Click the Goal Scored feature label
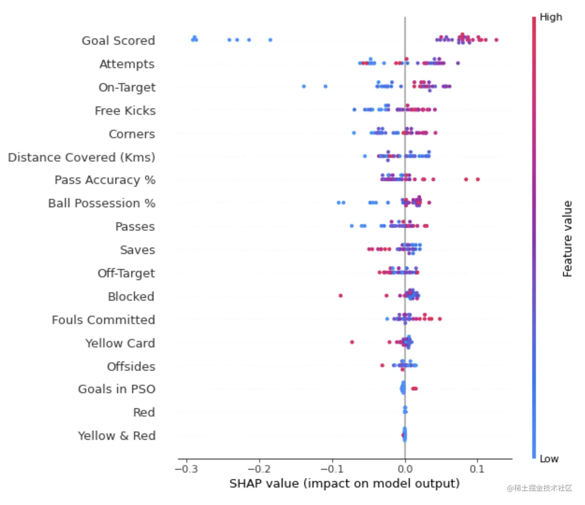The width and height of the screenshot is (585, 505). pos(118,41)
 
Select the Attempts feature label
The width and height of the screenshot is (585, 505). pos(127,64)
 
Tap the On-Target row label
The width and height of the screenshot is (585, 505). pos(127,87)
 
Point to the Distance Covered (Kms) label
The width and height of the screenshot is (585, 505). pos(81,158)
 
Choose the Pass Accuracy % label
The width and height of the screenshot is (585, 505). pos(105,180)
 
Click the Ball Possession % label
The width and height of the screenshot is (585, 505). pos(102,203)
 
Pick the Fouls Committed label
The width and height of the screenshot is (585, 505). pos(103,320)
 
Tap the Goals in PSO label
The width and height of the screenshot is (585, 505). pos(117,389)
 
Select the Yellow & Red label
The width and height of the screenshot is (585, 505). pos(117,436)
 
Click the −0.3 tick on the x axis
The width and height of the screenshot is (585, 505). pos(186,469)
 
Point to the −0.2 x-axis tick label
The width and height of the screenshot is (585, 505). pos(259,469)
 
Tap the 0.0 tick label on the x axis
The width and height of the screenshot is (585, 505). pos(405,469)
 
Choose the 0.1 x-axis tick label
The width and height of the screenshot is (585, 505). pos(477,469)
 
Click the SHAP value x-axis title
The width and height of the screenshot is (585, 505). pos(344,483)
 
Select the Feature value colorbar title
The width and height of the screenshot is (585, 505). pos(567,239)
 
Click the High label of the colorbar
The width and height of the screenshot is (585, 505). pos(551,17)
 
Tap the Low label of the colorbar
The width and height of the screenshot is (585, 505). pos(549,459)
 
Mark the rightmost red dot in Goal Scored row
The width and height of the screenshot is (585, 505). pos(496,40)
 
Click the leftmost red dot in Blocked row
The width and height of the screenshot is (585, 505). pos(340,296)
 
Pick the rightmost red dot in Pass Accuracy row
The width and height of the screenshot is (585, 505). pos(478,179)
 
